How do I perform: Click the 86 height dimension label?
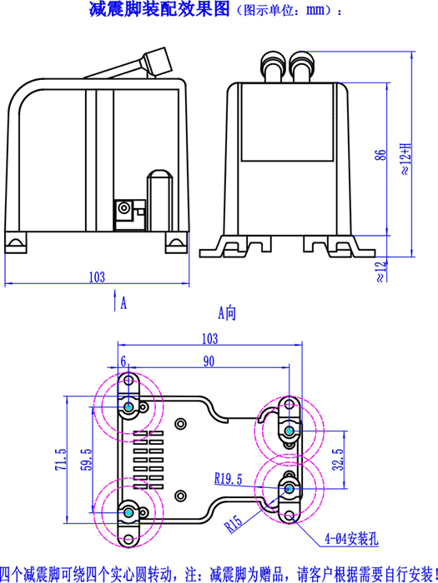click(380, 155)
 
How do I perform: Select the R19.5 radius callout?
click(229, 478)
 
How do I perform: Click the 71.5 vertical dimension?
click(61, 459)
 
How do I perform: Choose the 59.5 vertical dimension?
click(87, 459)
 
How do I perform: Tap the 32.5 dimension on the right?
click(338, 459)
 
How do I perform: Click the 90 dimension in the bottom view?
click(209, 361)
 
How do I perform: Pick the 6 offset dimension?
click(123, 361)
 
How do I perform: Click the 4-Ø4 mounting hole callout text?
click(351, 538)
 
